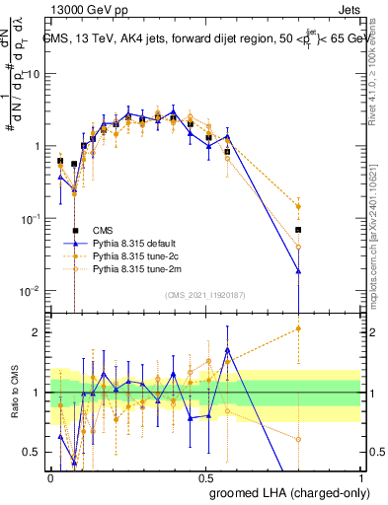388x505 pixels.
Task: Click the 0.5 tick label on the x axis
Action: tap(206, 476)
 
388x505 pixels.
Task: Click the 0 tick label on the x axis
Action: tap(51, 476)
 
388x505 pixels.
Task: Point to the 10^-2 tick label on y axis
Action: tap(30, 290)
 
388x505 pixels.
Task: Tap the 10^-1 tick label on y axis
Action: tap(30, 218)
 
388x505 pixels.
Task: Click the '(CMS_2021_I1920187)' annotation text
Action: tap(204, 294)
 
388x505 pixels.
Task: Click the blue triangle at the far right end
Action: tap(298, 271)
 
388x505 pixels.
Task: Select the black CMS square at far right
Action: tap(298, 229)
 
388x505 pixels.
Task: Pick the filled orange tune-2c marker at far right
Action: tap(298, 206)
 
